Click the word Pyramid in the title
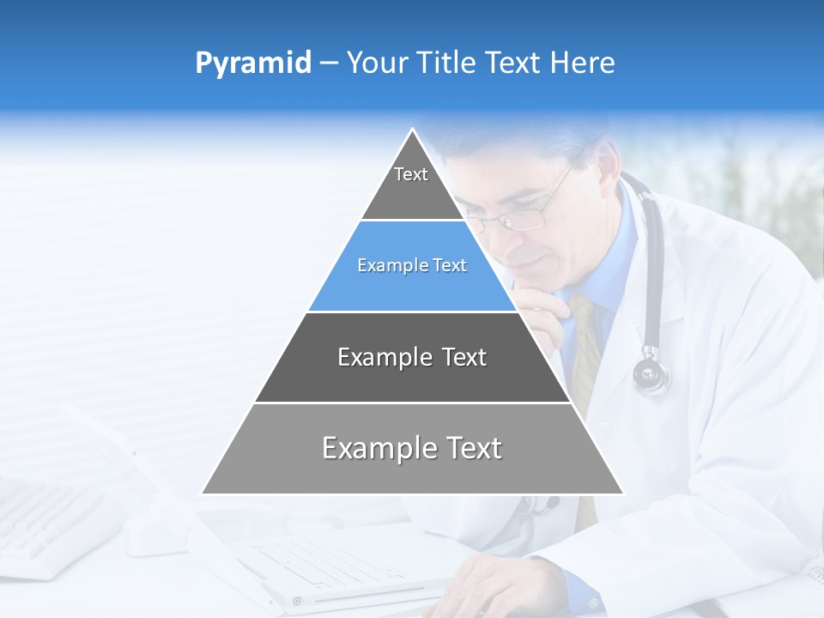(252, 64)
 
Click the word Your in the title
(376, 63)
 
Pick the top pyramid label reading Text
(411, 174)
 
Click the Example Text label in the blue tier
(412, 265)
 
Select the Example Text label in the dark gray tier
(412, 357)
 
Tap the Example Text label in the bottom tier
(412, 448)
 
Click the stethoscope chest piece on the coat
(651, 373)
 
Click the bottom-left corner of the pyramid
(203, 494)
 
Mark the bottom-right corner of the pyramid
(623, 494)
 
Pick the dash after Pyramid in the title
(329, 64)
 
